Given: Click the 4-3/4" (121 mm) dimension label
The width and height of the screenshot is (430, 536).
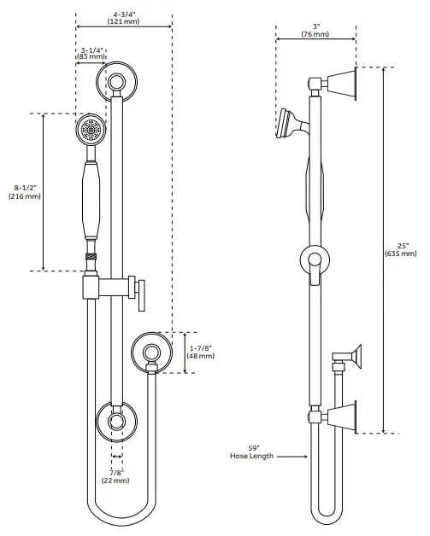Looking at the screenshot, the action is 124,18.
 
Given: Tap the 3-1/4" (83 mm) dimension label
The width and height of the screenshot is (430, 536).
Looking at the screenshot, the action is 91,53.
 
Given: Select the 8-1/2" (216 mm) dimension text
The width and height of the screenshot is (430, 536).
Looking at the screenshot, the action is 25,192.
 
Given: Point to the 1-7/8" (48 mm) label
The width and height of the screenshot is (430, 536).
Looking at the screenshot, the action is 201,352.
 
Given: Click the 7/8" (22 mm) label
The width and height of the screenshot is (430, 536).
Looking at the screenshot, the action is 115,476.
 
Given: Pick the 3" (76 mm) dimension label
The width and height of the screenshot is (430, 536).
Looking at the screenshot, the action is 315,30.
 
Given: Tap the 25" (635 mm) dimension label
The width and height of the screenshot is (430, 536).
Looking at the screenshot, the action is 401,249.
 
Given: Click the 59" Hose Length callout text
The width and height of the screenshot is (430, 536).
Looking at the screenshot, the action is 251,452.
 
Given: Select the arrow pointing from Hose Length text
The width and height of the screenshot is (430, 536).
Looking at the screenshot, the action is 292,457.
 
